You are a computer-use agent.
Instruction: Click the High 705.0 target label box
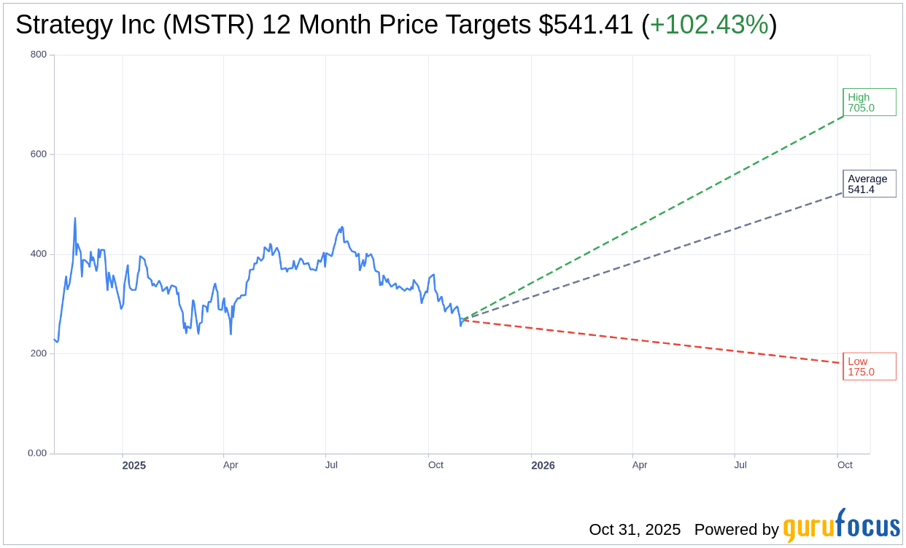click(869, 102)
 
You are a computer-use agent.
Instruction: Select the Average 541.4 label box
click(869, 184)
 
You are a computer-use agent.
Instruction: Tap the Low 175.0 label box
click(869, 366)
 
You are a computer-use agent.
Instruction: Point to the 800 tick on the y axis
click(39, 55)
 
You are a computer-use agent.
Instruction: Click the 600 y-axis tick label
click(39, 154)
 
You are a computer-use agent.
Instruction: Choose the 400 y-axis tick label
click(39, 254)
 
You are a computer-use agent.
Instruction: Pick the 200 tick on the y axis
click(39, 353)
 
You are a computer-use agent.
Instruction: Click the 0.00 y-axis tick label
click(37, 453)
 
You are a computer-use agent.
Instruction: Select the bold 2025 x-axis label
click(134, 466)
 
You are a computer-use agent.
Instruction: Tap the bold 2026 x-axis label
click(543, 466)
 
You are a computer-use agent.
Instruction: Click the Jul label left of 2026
click(331, 465)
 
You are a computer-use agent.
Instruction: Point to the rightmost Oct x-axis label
click(845, 465)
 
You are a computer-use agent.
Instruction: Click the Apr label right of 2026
click(640, 465)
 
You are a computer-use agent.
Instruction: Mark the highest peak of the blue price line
click(75, 218)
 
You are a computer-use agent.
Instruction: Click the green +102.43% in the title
click(709, 26)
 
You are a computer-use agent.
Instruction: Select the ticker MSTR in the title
click(218, 26)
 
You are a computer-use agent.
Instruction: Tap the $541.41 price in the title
click(586, 26)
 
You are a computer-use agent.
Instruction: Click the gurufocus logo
click(841, 526)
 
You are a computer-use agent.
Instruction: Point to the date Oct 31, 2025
click(635, 530)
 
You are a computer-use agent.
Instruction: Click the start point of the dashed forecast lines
click(462, 319)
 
